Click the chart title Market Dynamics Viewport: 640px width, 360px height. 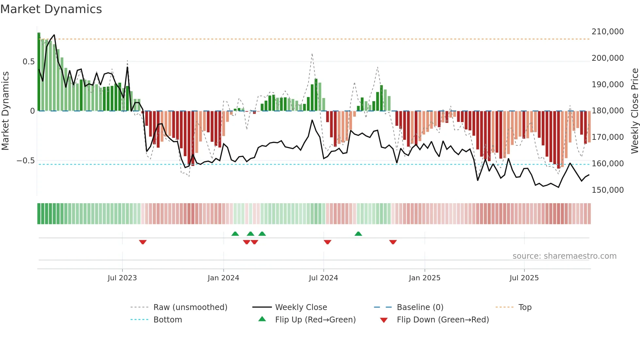pyautogui.click(x=51, y=9)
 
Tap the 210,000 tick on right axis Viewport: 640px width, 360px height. pyautogui.click(x=607, y=32)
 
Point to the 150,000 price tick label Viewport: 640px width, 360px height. pyautogui.click(x=607, y=190)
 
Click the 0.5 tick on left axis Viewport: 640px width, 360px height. pyautogui.click(x=28, y=62)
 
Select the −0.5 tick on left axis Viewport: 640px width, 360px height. pyautogui.click(x=26, y=161)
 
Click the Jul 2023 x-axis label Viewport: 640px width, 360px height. pyautogui.click(x=122, y=278)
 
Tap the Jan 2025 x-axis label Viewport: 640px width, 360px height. pyautogui.click(x=424, y=278)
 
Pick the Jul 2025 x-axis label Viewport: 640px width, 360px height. pyautogui.click(x=524, y=278)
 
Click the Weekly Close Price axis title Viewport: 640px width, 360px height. pyautogui.click(x=634, y=111)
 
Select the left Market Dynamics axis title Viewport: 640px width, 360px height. pyautogui.click(x=5, y=111)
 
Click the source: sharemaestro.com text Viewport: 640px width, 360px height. pyautogui.click(x=564, y=256)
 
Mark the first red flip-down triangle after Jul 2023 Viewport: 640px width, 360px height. pyautogui.click(x=143, y=242)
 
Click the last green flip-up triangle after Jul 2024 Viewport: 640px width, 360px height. pyautogui.click(x=358, y=234)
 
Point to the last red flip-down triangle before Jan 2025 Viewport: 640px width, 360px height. pyautogui.click(x=393, y=242)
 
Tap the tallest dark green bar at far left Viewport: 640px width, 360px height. pyautogui.click(x=39, y=72)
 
